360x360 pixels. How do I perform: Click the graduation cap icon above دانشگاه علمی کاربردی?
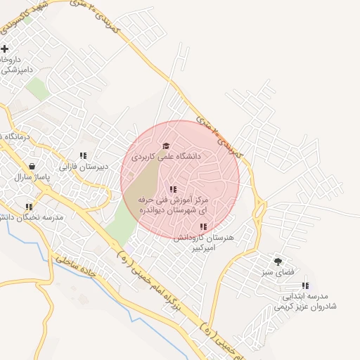166,146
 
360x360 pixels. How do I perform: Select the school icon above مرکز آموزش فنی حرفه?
173,190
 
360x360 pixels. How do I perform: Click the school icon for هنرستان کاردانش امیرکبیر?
203,227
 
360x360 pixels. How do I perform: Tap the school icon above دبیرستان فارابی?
83,156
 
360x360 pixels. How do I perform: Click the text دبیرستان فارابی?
83,167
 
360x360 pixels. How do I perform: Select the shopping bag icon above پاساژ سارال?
33,167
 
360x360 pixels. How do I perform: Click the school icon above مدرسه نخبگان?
29,207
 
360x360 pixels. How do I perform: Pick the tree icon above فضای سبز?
278,261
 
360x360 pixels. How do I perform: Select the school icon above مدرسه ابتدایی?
305,285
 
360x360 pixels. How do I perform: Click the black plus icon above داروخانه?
5,49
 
